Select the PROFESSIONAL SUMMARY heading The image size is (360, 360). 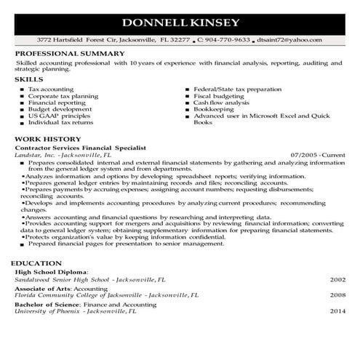70,55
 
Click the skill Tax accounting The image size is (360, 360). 49,89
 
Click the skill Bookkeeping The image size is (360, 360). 215,109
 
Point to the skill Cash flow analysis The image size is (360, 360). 222,103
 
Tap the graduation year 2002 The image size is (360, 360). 337,279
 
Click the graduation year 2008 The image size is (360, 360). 337,295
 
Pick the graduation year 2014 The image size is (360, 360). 337,311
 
